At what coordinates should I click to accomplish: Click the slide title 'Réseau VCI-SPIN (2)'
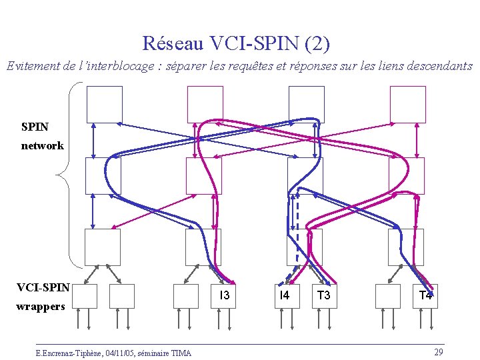pyautogui.click(x=235, y=44)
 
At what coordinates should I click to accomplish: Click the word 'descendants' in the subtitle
pyautogui.click(x=440, y=66)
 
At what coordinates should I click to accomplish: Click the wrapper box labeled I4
pyautogui.click(x=285, y=295)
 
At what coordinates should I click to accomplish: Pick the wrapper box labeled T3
pyautogui.click(x=324, y=295)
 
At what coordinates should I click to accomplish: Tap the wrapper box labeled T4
pyautogui.click(x=425, y=295)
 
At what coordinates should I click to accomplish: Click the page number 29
pyautogui.click(x=438, y=351)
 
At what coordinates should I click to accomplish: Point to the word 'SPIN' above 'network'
pyautogui.click(x=35, y=127)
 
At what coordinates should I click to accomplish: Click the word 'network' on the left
pyautogui.click(x=42, y=145)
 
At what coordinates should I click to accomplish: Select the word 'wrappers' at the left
pyautogui.click(x=41, y=307)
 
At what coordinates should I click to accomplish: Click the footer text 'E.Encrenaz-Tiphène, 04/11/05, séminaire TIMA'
pyautogui.click(x=113, y=353)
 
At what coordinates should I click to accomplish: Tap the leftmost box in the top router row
pyautogui.click(x=105, y=104)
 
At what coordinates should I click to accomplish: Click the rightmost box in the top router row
pyautogui.click(x=407, y=104)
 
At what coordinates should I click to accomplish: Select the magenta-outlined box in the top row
pyautogui.click(x=205, y=104)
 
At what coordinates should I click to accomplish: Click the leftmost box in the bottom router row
pyautogui.click(x=103, y=247)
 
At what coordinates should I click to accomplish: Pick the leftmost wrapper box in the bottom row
pyautogui.click(x=84, y=295)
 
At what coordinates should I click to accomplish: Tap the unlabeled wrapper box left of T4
pyautogui.click(x=387, y=295)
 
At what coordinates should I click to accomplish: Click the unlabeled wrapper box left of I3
pyautogui.click(x=185, y=295)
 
